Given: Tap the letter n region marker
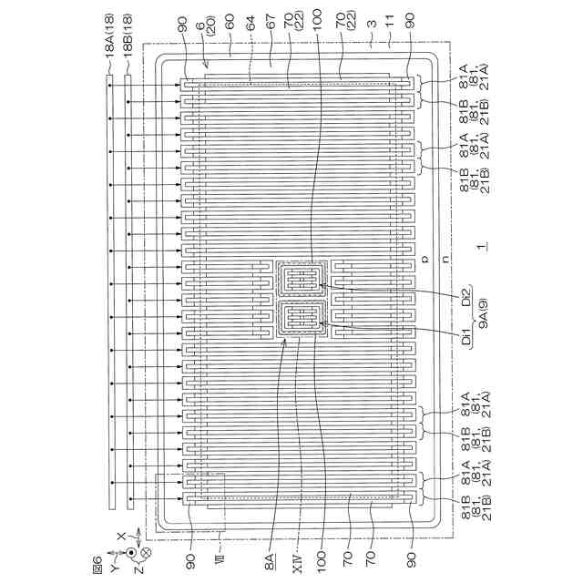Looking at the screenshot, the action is [443, 260].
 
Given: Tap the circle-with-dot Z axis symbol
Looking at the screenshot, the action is [132, 553].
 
